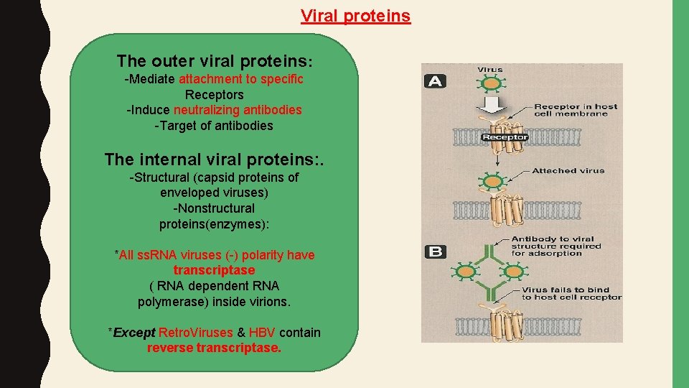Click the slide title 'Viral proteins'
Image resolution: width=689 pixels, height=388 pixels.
355,16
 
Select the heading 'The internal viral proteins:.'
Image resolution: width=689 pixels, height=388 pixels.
214,159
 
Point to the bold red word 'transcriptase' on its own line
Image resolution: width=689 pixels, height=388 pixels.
214,270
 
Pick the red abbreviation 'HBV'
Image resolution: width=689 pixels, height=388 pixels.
262,333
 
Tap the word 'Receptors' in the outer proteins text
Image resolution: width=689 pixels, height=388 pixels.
214,95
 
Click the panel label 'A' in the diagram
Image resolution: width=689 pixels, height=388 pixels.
435,80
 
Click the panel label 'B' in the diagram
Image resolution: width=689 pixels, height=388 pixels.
435,251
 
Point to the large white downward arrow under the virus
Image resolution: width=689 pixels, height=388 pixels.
491,106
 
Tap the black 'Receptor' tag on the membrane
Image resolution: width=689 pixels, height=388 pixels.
504,137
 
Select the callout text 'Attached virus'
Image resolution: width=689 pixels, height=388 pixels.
568,171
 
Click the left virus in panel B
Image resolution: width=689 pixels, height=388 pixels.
466,271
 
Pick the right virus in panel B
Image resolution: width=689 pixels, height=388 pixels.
513,271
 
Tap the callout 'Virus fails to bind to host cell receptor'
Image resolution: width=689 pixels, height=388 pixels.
571,294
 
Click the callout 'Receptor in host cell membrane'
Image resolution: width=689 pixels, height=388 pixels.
575,111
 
